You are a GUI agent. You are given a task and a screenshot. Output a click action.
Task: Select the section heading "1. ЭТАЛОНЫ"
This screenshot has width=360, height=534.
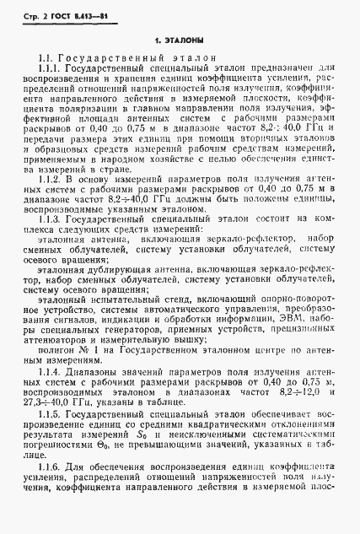pyautogui.click(x=180, y=40)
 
